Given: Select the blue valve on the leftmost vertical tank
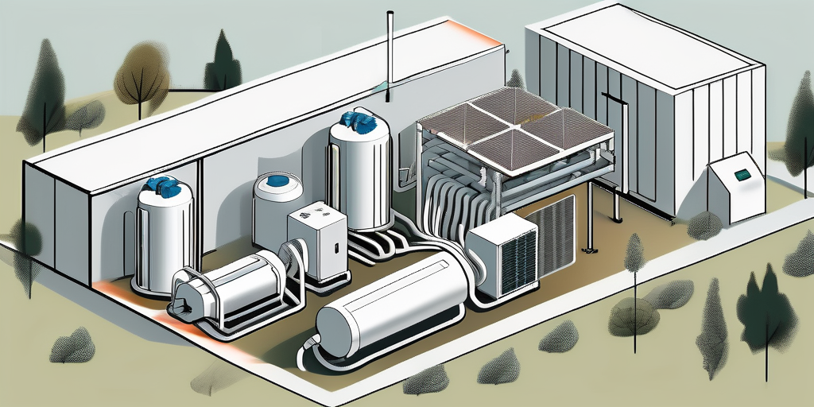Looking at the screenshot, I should pyautogui.click(x=165, y=188).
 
